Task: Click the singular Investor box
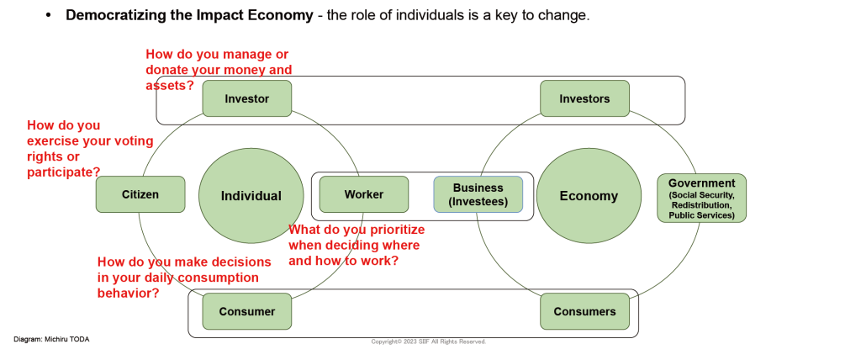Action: coord(247,98)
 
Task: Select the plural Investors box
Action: coord(585,98)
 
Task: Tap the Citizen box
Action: coord(140,194)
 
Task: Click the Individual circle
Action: coord(251,196)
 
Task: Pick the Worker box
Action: coord(364,194)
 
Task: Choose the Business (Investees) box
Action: coord(478,194)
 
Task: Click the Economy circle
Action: coord(589,196)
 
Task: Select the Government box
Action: coord(702,198)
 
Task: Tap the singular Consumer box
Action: coord(247,311)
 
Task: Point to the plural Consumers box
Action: coord(585,311)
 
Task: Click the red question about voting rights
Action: coord(90,148)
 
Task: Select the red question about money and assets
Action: coord(219,70)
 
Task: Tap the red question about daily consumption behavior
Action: coord(184,277)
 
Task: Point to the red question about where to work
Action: coord(357,245)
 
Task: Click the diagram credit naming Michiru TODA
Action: coord(51,339)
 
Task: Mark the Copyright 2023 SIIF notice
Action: coord(428,341)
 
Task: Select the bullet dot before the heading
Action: coord(48,15)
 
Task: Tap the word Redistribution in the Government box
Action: coord(702,205)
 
